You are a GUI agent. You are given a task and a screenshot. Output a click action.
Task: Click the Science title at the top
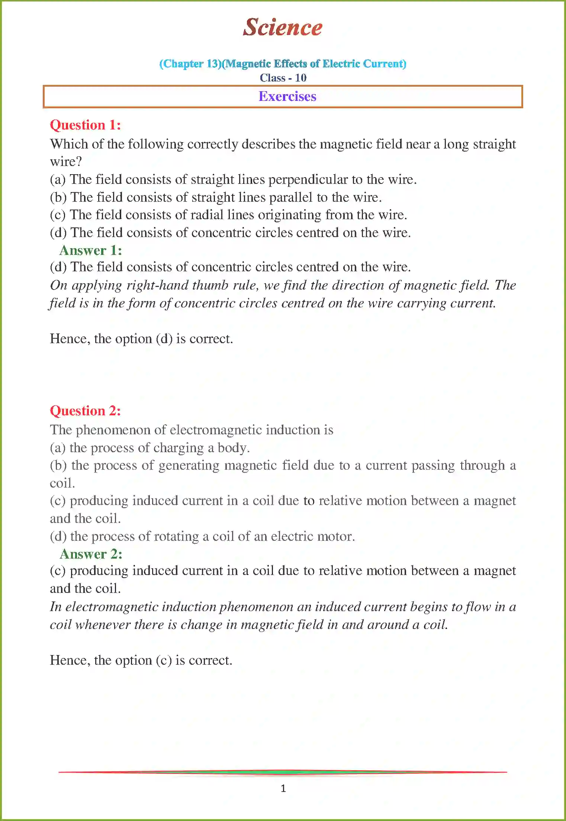[283, 28]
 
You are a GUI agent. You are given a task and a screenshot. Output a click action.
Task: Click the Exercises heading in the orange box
[287, 96]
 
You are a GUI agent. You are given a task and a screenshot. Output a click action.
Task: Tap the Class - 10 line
[283, 78]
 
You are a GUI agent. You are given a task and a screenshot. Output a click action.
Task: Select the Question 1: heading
[86, 125]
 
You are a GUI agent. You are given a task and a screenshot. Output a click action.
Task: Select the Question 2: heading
[86, 411]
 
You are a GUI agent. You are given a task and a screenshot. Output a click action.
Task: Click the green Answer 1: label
[91, 250]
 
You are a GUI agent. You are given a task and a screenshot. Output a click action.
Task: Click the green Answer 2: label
[91, 554]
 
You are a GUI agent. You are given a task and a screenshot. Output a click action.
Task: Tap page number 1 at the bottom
[283, 788]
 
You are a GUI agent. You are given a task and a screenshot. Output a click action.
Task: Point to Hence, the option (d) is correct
[141, 339]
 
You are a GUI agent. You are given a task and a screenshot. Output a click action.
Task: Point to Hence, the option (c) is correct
[141, 661]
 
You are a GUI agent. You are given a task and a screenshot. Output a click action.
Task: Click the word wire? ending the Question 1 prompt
[66, 162]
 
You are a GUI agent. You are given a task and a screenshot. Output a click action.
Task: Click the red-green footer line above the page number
[283, 772]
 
